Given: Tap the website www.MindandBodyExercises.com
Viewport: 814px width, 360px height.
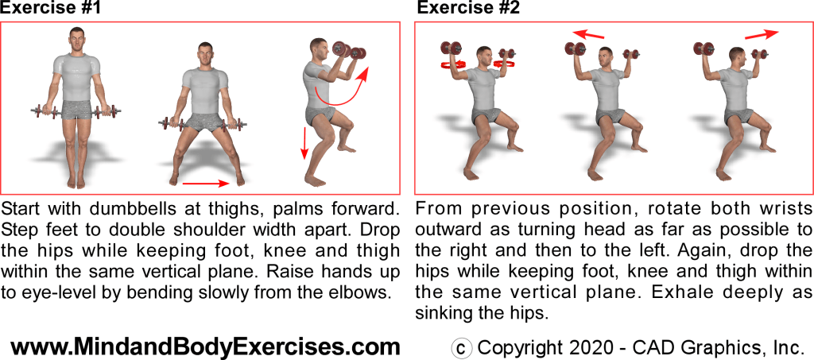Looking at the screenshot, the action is click(x=205, y=346).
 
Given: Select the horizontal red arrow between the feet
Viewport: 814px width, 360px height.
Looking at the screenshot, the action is click(x=206, y=183).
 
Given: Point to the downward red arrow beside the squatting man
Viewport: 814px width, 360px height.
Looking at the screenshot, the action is click(x=304, y=143).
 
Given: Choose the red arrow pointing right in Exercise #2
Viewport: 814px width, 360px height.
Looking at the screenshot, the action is click(x=762, y=34).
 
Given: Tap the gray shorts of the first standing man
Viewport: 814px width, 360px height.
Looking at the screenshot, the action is click(x=77, y=110).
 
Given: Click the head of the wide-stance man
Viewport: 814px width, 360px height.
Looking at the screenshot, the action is click(x=204, y=53).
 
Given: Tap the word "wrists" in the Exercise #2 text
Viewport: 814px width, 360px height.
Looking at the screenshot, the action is click(x=785, y=211).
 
